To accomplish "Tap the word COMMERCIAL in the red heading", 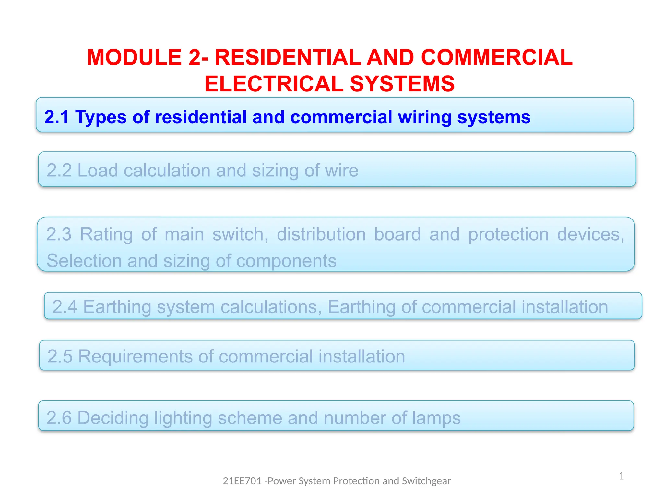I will (x=497, y=57).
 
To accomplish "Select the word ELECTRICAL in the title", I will (x=274, y=84).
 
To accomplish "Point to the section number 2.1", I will (x=56, y=117).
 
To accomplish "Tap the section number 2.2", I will (x=59, y=170).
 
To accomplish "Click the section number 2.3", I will (x=59, y=234).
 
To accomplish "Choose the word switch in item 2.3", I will (x=240, y=234).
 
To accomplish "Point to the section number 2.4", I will (x=65, y=307).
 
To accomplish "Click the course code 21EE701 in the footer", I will (x=242, y=481).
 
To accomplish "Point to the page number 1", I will (x=621, y=476).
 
